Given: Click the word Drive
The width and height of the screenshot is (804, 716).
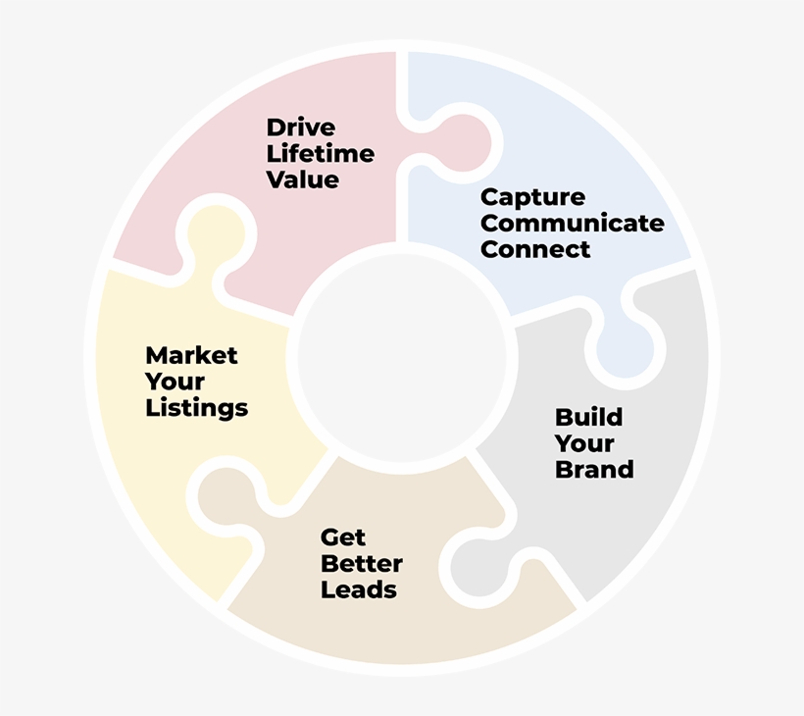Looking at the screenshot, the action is tap(301, 128).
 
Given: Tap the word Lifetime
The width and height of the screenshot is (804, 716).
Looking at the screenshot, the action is tap(321, 153).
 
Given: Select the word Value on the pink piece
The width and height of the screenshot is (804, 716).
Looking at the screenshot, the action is tap(303, 179).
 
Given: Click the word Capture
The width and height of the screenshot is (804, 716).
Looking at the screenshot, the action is tap(532, 198).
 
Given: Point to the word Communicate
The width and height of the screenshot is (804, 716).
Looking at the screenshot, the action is tap(573, 223).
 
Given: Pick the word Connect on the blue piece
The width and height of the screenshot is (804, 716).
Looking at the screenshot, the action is tap(535, 249).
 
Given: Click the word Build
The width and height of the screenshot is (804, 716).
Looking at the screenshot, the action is tap(588, 417).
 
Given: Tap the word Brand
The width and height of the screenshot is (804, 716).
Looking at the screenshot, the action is tap(594, 469).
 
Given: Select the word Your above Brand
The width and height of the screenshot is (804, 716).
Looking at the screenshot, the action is tap(584, 443).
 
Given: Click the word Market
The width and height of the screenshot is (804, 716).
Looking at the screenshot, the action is tap(191, 355).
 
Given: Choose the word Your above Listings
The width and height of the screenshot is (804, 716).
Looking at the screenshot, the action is tap(175, 382).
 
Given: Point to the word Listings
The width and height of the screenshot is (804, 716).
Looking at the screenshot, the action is tap(197, 408).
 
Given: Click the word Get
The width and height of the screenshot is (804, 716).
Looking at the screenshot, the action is tap(343, 537).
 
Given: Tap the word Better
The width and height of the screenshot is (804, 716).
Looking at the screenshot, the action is tap(362, 564).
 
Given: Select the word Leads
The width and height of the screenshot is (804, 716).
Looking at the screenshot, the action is tap(359, 589).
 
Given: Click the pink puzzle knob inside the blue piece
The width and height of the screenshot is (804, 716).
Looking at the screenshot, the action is tap(462, 143).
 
